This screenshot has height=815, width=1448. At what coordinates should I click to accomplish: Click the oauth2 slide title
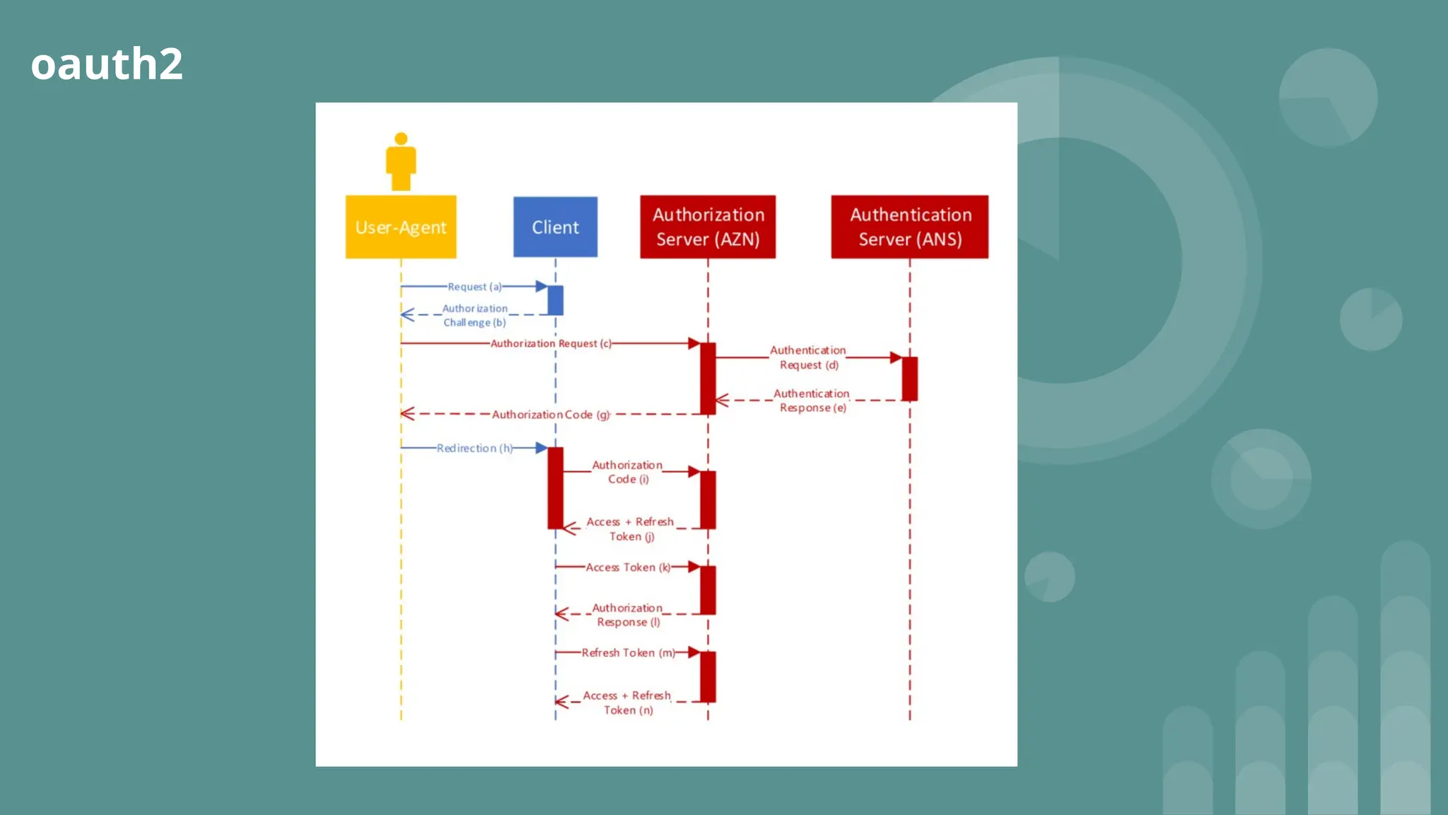(x=107, y=64)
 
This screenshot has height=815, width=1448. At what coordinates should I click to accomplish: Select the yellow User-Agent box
(x=401, y=227)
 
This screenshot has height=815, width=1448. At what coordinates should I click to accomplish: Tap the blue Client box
(x=555, y=227)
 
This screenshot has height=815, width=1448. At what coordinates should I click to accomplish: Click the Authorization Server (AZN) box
(x=708, y=227)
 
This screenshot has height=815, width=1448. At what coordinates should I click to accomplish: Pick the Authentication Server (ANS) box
(x=910, y=227)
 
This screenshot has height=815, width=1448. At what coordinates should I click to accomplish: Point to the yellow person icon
(x=401, y=161)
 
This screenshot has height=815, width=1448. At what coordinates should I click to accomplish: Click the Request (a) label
(x=474, y=287)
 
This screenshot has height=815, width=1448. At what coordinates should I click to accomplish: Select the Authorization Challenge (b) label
(x=474, y=316)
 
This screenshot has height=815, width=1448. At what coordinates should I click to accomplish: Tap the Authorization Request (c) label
(x=551, y=344)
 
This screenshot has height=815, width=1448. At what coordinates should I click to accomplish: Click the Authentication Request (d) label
(x=808, y=357)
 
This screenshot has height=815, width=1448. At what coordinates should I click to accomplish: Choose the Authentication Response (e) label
(x=812, y=400)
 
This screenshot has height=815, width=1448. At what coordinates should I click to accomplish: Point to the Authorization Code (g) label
(x=551, y=415)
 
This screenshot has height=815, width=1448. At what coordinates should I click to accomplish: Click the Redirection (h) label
(x=474, y=449)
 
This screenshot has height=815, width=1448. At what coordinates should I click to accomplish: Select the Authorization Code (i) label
(x=628, y=472)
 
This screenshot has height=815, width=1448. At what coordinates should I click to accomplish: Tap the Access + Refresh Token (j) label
(x=631, y=529)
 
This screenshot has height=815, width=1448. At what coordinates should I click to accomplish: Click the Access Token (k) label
(x=628, y=567)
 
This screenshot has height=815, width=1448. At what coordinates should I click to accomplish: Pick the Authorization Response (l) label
(x=628, y=615)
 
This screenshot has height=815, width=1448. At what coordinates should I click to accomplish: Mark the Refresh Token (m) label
(x=628, y=653)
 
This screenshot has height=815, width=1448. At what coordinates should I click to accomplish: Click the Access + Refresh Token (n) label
(x=628, y=703)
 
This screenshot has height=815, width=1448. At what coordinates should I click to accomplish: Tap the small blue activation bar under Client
(x=556, y=301)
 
